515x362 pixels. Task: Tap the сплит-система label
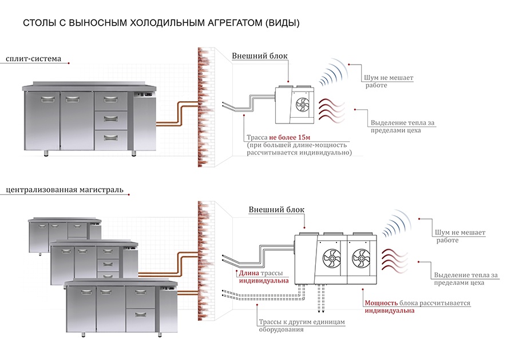pos(32,58)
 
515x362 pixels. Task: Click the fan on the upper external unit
pos(302,105)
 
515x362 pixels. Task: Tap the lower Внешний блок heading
pos(276,210)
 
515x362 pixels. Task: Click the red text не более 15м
pos(292,138)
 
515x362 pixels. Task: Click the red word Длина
pos(249,273)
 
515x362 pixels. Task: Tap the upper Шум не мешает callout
pos(388,78)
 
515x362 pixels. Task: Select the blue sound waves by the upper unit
pos(334,74)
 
